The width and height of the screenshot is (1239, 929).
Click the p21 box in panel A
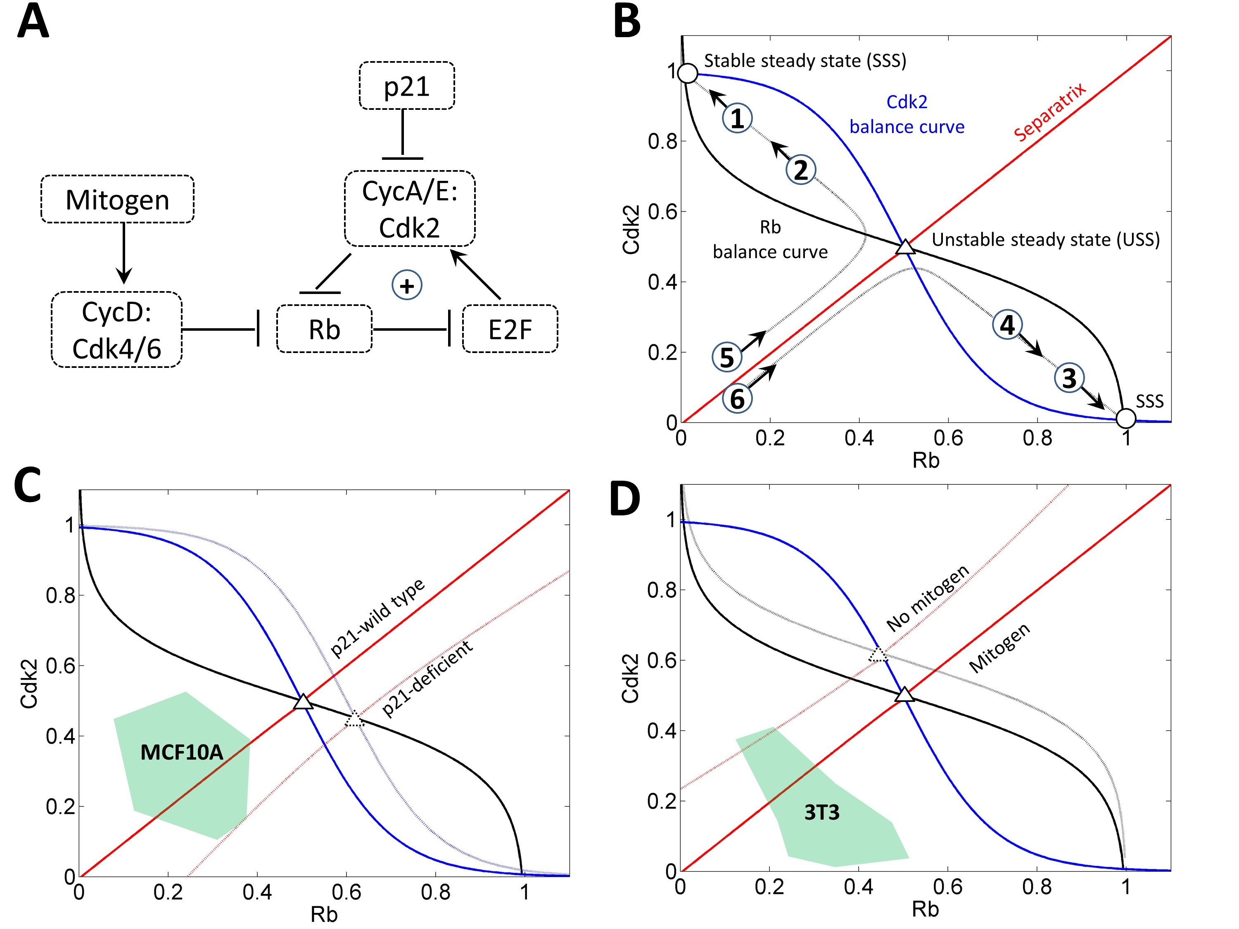pyautogui.click(x=407, y=86)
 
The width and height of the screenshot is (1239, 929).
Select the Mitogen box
pyautogui.click(x=118, y=199)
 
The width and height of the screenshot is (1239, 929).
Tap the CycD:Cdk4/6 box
pyautogui.click(x=116, y=330)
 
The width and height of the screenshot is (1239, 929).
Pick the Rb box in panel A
pyautogui.click(x=324, y=329)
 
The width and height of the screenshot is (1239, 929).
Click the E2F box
pyautogui.click(x=510, y=329)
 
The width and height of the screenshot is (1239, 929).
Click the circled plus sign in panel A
pyautogui.click(x=407, y=285)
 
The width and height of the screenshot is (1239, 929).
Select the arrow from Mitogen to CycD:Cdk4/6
pyautogui.click(x=124, y=253)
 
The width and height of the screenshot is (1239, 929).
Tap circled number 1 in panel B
pyautogui.click(x=737, y=118)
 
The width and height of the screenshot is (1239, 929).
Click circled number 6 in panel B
pyautogui.click(x=737, y=399)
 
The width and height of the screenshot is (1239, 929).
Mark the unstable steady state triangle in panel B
pyautogui.click(x=905, y=247)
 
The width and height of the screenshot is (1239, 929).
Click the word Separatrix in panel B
pyautogui.click(x=1050, y=111)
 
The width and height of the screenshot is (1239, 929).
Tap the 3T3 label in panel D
pyautogui.click(x=822, y=813)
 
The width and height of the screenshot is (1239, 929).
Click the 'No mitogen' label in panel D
pyautogui.click(x=928, y=598)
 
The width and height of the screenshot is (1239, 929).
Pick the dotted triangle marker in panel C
pyautogui.click(x=354, y=719)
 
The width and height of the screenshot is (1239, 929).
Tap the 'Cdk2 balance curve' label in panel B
pyautogui.click(x=907, y=114)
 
